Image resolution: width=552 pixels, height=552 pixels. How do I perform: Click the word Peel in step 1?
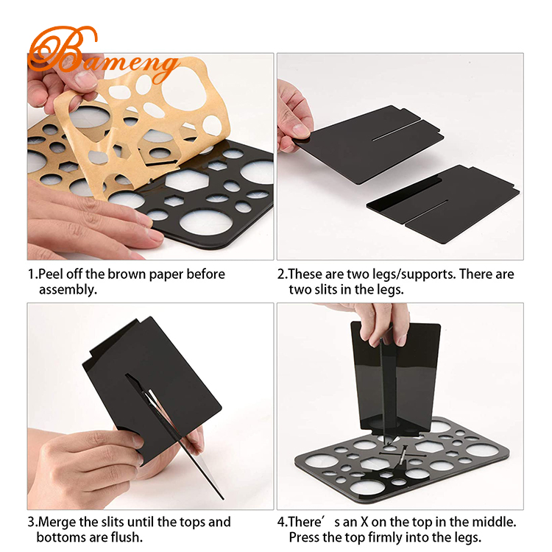coord(51,275)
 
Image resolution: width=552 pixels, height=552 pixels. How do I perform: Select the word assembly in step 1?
coord(67,289)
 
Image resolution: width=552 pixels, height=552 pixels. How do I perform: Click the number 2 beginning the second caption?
coord(280,275)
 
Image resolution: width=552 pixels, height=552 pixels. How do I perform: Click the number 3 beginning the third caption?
coord(32,523)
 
